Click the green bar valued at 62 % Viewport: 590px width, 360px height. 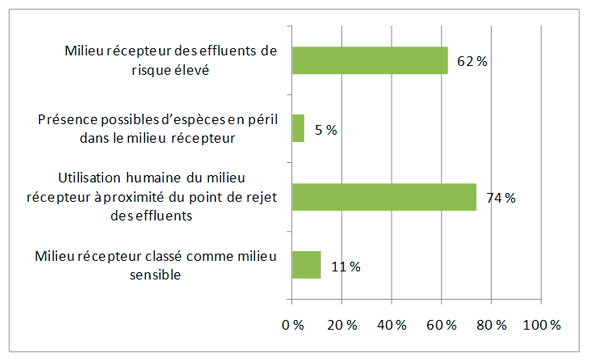pyautogui.click(x=369, y=61)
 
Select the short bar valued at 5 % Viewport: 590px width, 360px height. pyautogui.click(x=298, y=129)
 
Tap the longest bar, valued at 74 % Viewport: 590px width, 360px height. pyautogui.click(x=384, y=197)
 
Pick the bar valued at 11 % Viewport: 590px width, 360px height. pyautogui.click(x=306, y=265)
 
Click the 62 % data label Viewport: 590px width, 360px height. pyautogui.click(x=471, y=62)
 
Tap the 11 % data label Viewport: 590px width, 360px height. pyautogui.click(x=345, y=266)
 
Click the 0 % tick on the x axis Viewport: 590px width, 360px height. pyautogui.click(x=293, y=325)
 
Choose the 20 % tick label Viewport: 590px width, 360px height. pyautogui.click(x=342, y=325)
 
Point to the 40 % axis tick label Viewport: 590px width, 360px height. pyautogui.click(x=392, y=325)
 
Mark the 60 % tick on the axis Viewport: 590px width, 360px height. pyautogui.click(x=442, y=325)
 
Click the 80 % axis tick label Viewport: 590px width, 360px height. pyautogui.click(x=492, y=325)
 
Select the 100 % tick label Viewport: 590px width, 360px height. pyautogui.click(x=541, y=325)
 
